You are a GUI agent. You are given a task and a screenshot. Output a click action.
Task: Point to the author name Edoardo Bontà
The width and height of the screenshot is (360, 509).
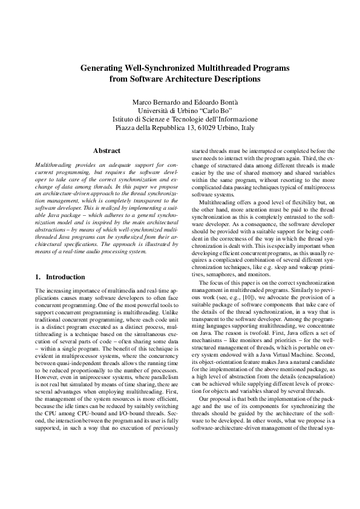215,101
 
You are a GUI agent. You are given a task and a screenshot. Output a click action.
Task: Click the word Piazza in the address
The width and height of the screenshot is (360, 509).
126,128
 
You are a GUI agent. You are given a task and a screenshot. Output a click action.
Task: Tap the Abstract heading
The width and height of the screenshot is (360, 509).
106,151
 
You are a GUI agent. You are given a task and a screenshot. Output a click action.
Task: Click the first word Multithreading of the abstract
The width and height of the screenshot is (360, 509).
53,164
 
